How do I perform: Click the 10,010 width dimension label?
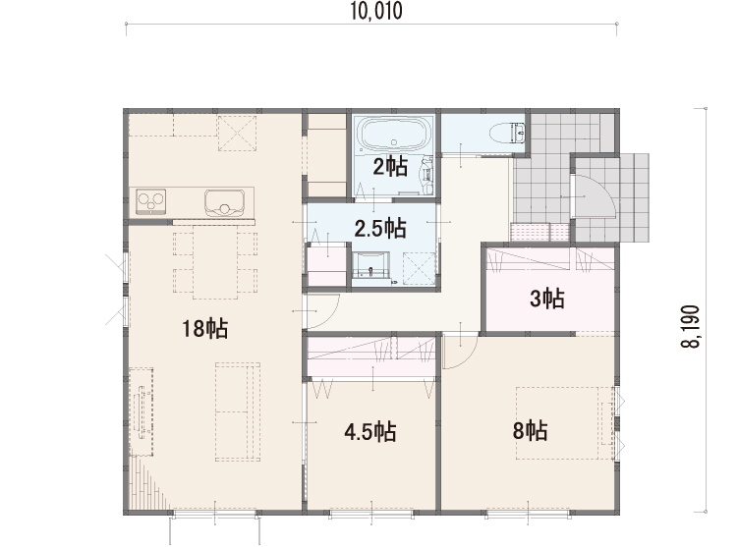tap(376, 11)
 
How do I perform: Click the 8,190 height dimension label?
tap(690, 326)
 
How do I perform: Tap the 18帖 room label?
tap(205, 328)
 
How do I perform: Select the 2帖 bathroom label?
tap(390, 167)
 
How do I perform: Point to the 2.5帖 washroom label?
tap(380, 229)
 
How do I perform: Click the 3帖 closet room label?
tap(547, 299)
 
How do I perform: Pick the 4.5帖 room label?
tap(369, 432)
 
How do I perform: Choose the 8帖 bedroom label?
tap(530, 430)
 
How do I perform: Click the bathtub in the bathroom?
tap(394, 134)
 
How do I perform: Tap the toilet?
tap(507, 133)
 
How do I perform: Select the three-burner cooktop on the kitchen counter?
tap(151, 201)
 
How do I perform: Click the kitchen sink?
tap(224, 203)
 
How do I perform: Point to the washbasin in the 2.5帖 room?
tap(371, 265)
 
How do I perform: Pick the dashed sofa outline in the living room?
tap(238, 411)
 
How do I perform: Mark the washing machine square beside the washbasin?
tap(420, 268)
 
